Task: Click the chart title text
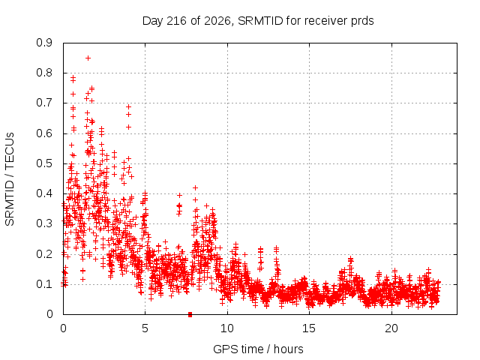click(258, 21)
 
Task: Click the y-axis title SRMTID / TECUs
click(10, 179)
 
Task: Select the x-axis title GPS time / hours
click(258, 349)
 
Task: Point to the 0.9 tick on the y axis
click(44, 43)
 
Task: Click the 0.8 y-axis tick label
click(44, 73)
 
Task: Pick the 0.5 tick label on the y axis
click(44, 163)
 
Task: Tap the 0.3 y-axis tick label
click(44, 223)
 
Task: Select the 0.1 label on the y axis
click(44, 284)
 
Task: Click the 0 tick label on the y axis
click(49, 314)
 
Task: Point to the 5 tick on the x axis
click(145, 328)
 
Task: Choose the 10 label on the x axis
click(227, 328)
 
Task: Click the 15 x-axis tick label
click(309, 328)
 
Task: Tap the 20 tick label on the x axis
click(391, 328)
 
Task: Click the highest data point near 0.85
click(88, 58)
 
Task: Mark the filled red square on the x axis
click(190, 315)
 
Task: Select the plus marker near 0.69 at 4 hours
click(128, 106)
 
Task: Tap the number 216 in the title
click(176, 21)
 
